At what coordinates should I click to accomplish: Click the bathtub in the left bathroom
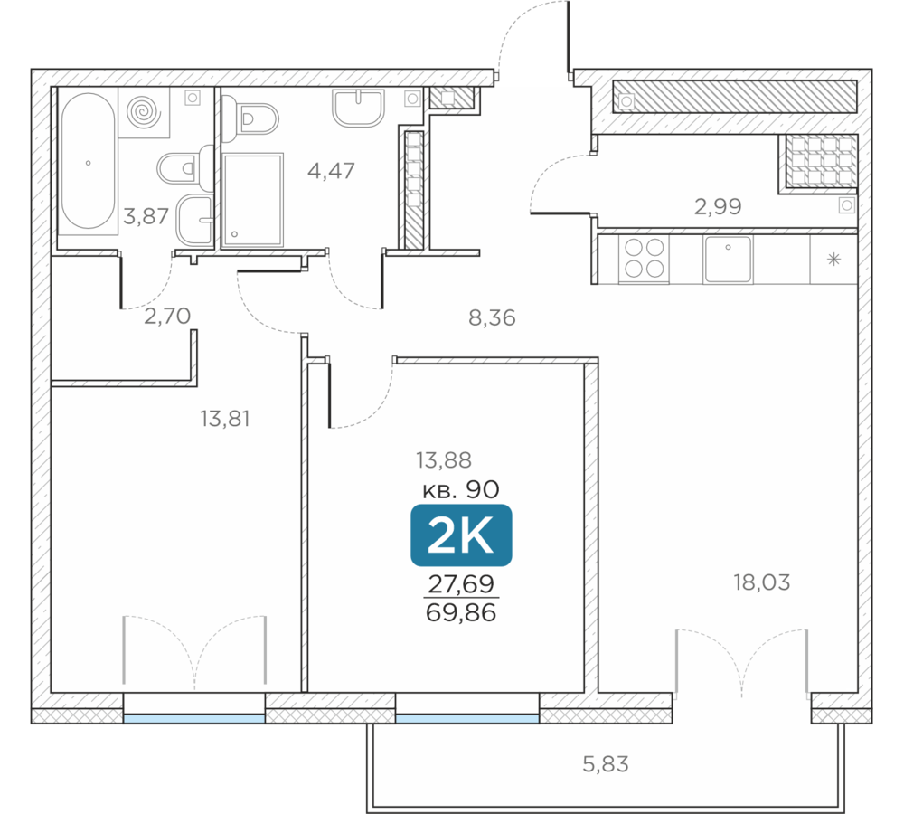point(89,161)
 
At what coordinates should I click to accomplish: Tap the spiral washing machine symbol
point(144,112)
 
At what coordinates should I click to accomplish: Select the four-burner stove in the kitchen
point(644,259)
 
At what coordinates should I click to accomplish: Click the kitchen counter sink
point(728,260)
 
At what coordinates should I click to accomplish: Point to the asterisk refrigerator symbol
point(833,260)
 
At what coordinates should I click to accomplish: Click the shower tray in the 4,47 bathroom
point(252,200)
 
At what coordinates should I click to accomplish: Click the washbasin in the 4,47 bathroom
point(358,108)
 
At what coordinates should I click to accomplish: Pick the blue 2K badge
point(461,535)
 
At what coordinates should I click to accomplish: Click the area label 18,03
point(761,582)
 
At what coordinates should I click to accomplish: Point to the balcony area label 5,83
point(606,764)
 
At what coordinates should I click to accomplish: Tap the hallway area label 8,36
point(492,317)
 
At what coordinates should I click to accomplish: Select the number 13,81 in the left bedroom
point(225,419)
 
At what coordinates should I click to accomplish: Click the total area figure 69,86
point(461,612)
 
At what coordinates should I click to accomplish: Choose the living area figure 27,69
point(461,583)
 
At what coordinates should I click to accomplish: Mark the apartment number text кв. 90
point(461,490)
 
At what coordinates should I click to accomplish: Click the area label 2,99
point(718,206)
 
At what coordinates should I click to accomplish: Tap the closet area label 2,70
point(167,317)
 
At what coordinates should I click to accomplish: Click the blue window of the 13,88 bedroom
point(467,718)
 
